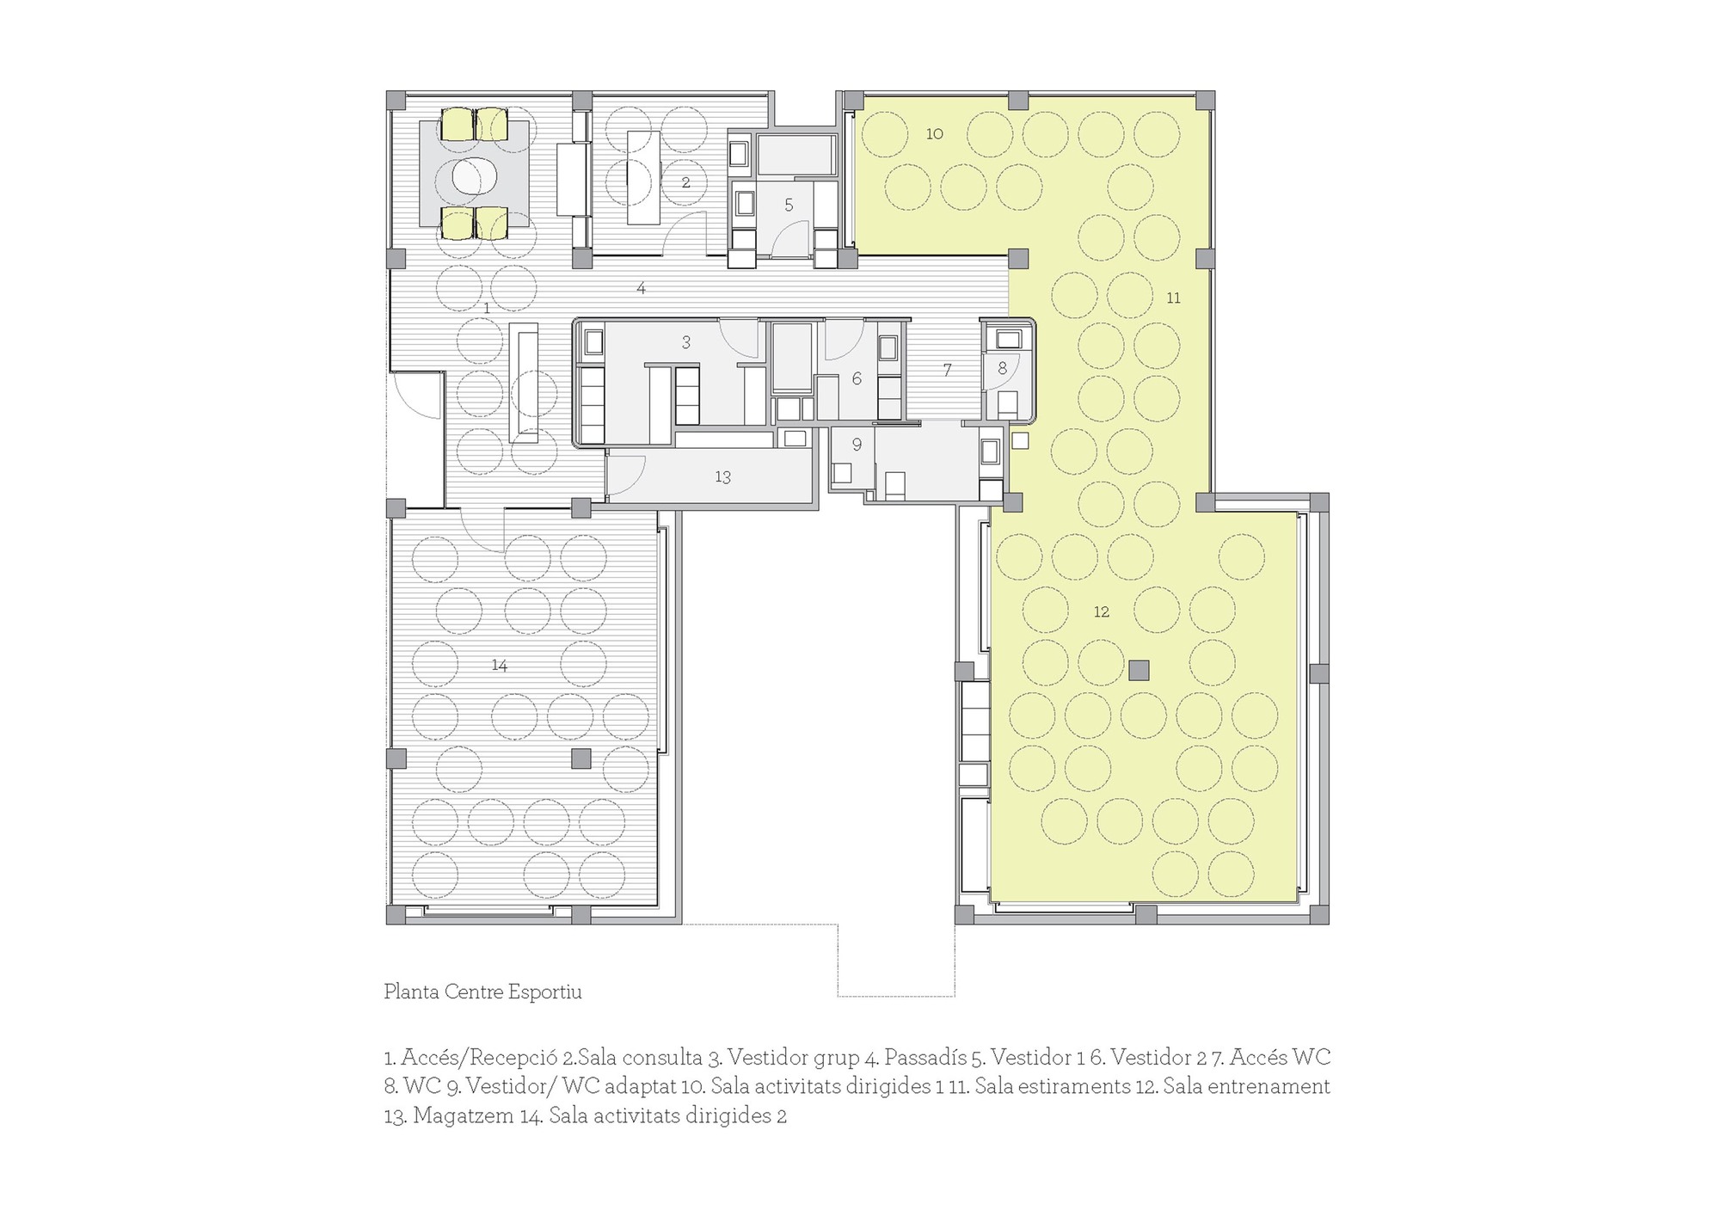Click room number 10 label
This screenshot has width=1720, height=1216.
[935, 133]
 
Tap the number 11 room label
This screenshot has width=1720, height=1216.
[1173, 298]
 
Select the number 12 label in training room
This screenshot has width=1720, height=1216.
[1102, 612]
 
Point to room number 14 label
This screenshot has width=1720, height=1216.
[500, 666]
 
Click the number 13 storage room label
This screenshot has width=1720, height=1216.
[722, 477]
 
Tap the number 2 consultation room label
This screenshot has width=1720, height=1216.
[685, 183]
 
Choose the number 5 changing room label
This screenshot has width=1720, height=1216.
[789, 206]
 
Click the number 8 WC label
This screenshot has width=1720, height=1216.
[1002, 369]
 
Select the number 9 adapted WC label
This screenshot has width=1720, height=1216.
[857, 445]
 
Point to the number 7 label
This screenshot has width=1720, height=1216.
[947, 371]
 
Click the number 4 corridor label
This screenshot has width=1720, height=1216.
[641, 288]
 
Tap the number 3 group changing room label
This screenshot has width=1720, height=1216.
[685, 343]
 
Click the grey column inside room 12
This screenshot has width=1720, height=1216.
[1139, 670]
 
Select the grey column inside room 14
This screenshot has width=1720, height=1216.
[581, 758]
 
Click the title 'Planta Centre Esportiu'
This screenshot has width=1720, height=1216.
[482, 992]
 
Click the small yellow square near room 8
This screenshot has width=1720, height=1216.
[1020, 441]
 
